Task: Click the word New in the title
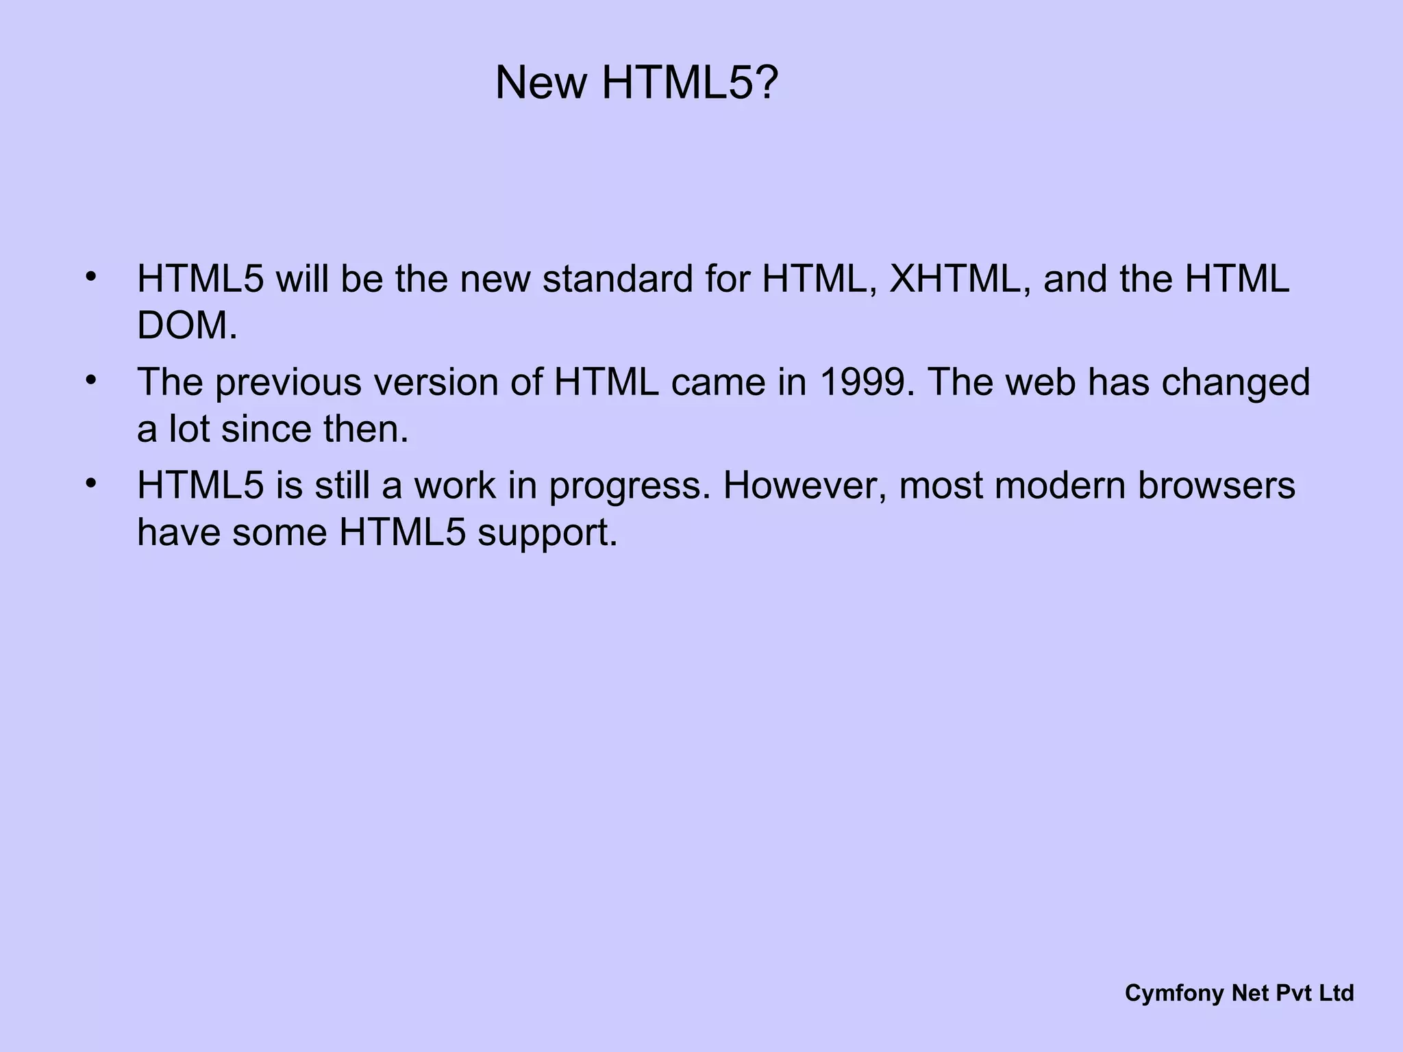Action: pos(541,83)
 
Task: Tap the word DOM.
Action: pos(186,325)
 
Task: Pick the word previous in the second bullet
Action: pos(288,382)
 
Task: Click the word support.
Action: pos(547,533)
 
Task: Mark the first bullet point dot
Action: pos(90,277)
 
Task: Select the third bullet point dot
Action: pos(90,484)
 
